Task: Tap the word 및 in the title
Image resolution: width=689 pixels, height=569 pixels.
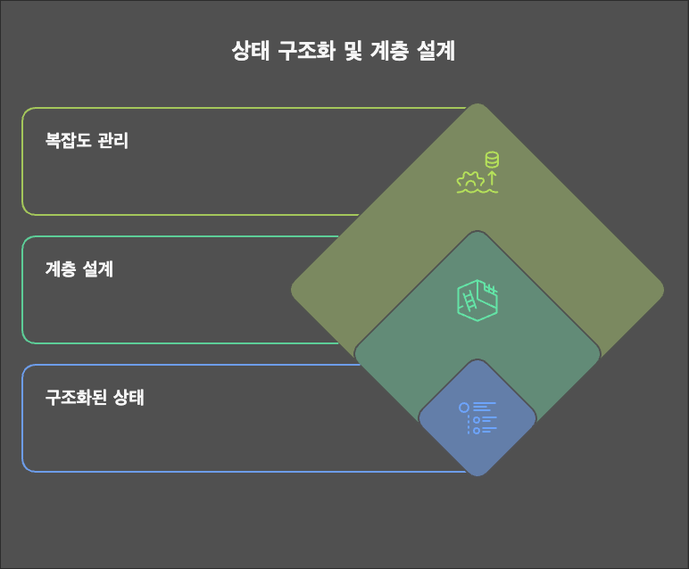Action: pos(353,52)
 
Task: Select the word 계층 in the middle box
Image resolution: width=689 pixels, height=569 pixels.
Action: pos(61,268)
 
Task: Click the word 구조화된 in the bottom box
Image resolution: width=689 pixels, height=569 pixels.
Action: pos(77,398)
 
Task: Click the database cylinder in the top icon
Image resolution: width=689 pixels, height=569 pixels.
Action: pos(491,160)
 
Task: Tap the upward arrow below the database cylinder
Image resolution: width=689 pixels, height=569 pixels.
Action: pos(491,177)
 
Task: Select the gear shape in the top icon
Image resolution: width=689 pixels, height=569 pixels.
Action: pos(469,178)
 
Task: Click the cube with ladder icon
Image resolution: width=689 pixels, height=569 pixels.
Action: pos(477,300)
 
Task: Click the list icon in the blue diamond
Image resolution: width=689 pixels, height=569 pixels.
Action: pos(477,418)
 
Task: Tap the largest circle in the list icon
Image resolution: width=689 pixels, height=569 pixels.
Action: pos(464,408)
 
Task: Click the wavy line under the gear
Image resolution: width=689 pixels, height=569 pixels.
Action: pos(477,190)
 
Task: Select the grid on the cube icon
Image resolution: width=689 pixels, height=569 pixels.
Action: pos(488,289)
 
